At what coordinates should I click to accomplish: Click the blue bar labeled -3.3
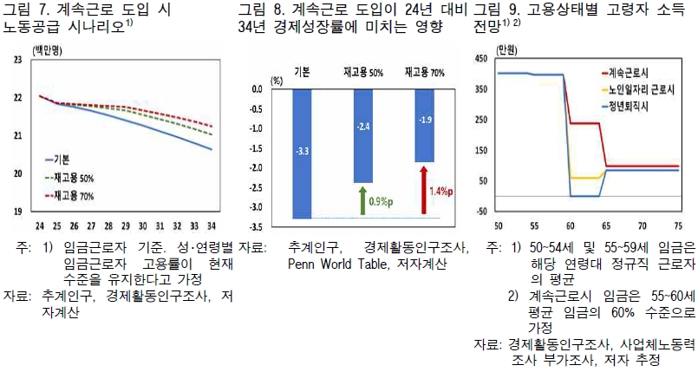[302, 153]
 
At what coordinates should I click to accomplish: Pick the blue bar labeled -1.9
[425, 125]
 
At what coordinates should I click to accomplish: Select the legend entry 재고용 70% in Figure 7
[79, 196]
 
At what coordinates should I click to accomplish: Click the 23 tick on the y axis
[17, 60]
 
